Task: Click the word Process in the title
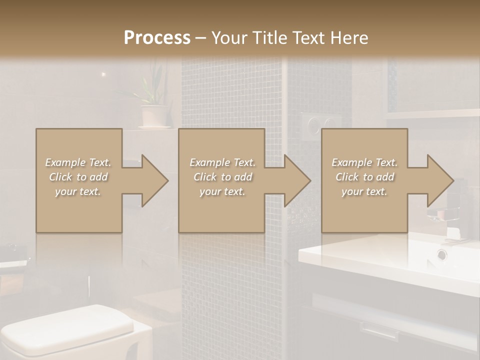(x=157, y=38)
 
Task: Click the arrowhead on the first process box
(x=153, y=180)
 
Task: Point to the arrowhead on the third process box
(x=439, y=180)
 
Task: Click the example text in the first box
(x=78, y=177)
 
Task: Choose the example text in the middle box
(x=222, y=177)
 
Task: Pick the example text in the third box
(x=364, y=177)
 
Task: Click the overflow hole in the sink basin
(x=442, y=254)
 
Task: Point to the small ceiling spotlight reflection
(x=103, y=74)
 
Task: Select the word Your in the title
(x=229, y=38)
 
